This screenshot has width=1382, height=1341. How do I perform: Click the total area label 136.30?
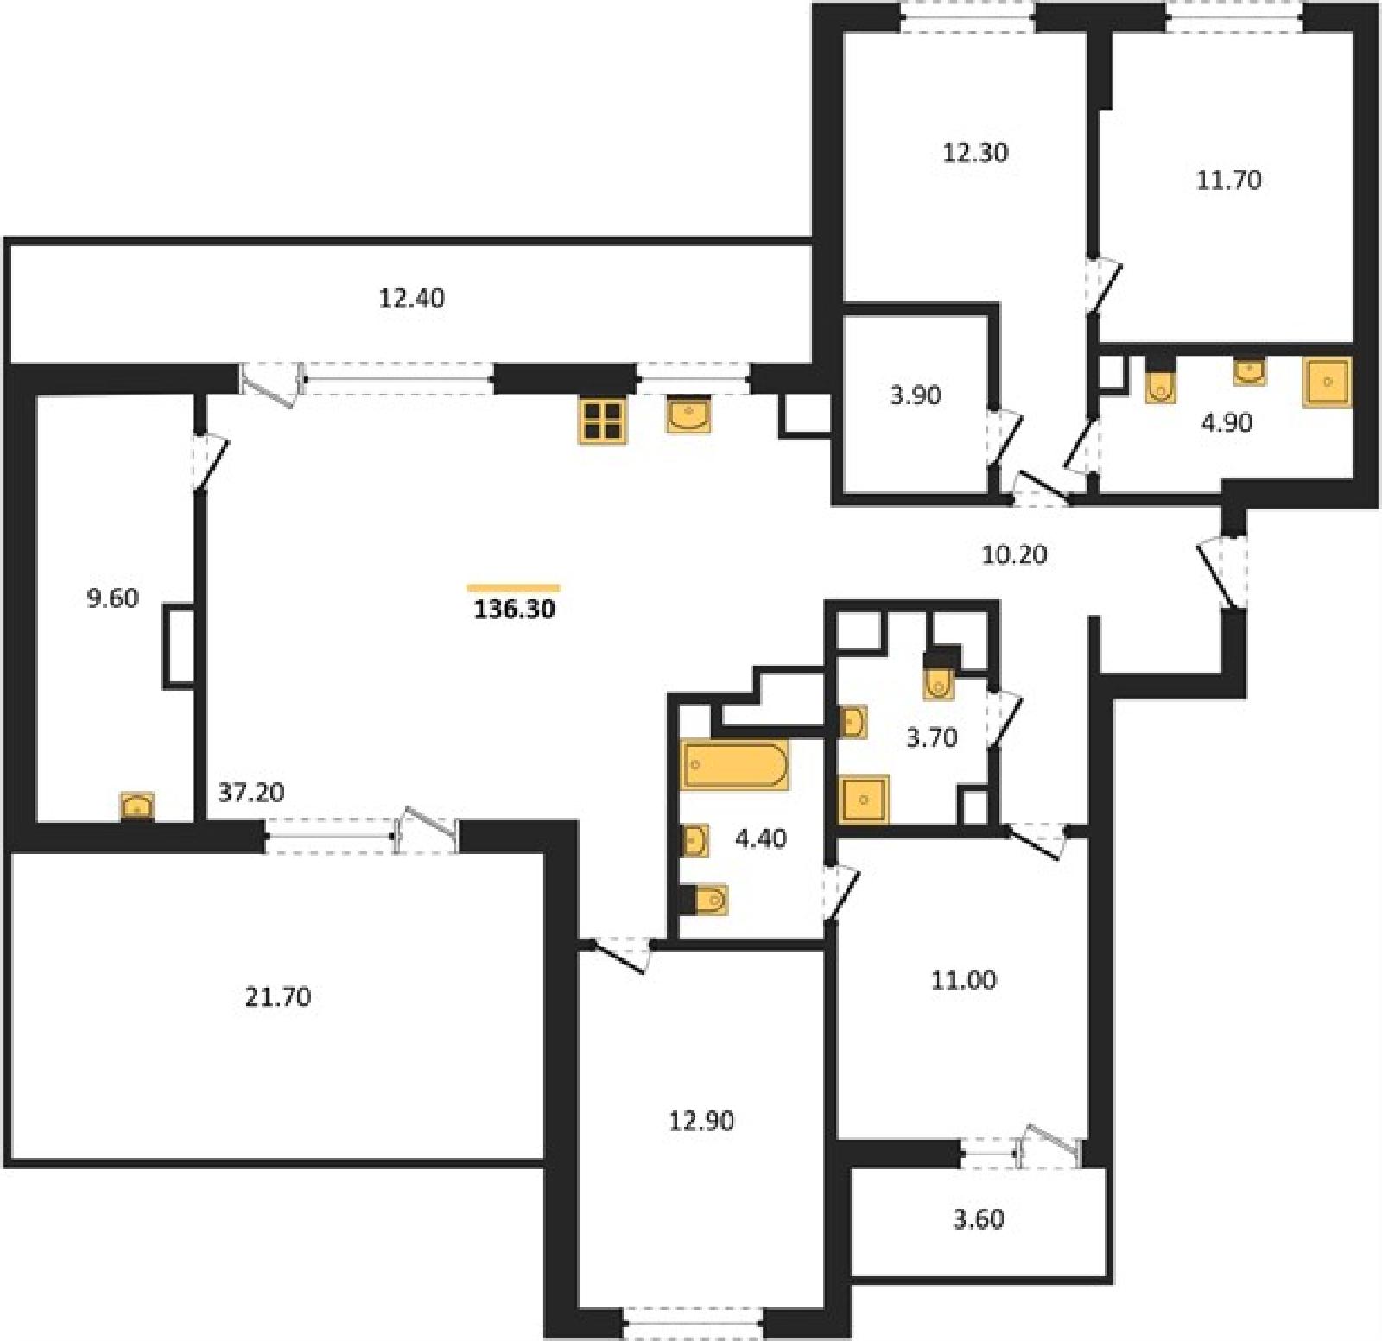pos(515,609)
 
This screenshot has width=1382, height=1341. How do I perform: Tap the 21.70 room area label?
pos(278,996)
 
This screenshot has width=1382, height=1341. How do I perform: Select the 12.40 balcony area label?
pos(412,298)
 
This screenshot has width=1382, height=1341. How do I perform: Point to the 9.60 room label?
pos(113,598)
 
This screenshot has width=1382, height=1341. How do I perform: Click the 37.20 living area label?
pos(251,792)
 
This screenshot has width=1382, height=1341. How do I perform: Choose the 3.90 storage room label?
pos(916,395)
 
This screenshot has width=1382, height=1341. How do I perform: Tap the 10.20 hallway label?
pos(1015,553)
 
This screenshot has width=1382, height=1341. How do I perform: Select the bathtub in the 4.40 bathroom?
pos(735,764)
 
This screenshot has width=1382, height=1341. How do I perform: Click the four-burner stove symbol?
pos(602,421)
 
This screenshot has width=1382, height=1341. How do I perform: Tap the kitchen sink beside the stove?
pos(689,415)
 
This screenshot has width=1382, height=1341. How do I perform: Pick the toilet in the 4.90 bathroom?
pos(1162,385)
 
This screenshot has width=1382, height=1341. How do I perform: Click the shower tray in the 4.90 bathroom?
pos(1328,383)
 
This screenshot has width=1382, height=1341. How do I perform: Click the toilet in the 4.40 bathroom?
pos(708,900)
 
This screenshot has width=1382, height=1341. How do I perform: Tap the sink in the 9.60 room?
pos(136,806)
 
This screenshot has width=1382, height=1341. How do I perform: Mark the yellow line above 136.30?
pos(514,588)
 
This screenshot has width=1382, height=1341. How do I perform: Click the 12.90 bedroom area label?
pos(701,1120)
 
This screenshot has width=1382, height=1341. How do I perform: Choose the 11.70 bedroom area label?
pos(1228,180)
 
